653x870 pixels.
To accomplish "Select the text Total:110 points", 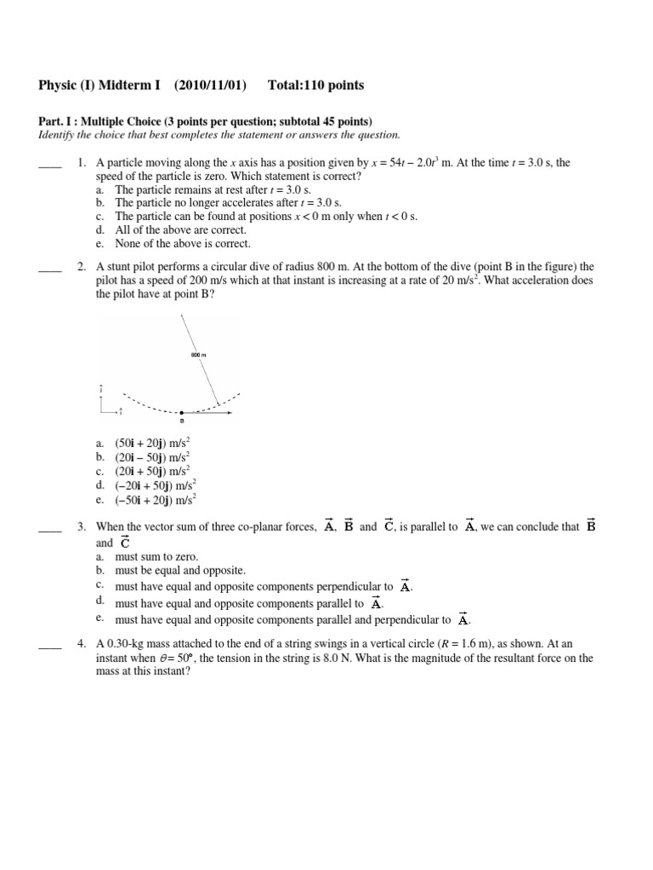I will click(315, 85).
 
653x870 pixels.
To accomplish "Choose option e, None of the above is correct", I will click(183, 243).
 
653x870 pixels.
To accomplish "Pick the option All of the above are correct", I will click(180, 229).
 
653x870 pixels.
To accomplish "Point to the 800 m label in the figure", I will click(200, 353).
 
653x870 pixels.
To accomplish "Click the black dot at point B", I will click(181, 412).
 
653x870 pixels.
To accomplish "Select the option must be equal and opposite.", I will click(179, 570).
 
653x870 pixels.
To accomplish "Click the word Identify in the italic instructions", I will click(58, 135).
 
